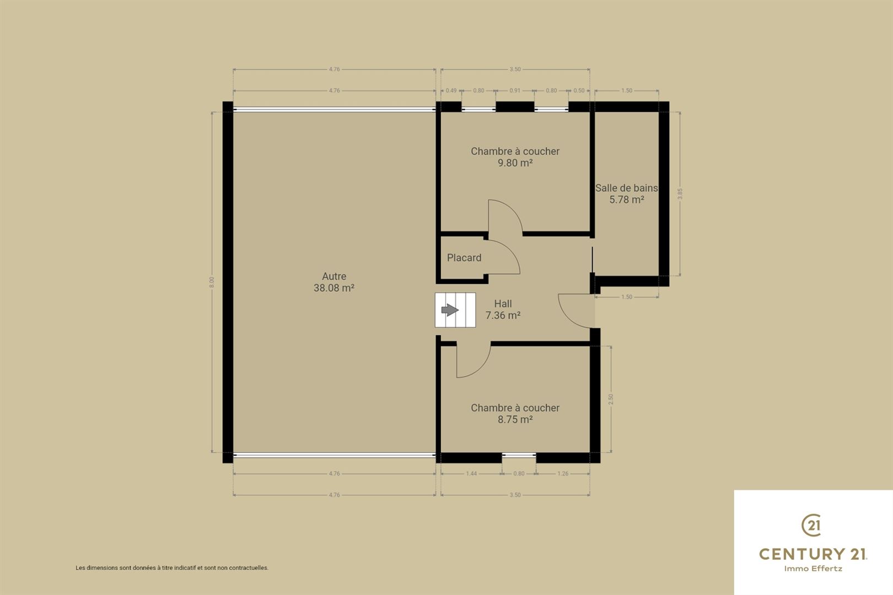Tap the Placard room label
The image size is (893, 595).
464,258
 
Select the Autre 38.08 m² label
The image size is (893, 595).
334,282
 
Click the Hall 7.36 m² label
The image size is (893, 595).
503,309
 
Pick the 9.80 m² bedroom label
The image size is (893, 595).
515,157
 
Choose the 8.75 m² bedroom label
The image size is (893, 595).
515,413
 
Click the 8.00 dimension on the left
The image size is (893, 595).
212,282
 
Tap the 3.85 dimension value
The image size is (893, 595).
680,194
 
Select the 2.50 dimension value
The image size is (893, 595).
611,399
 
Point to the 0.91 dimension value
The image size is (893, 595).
515,90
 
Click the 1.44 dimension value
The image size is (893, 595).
471,473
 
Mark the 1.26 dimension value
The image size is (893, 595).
562,473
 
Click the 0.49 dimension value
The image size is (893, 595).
451,90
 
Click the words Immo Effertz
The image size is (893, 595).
813,569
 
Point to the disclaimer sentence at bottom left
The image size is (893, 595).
172,568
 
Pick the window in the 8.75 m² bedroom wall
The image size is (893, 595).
519,455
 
